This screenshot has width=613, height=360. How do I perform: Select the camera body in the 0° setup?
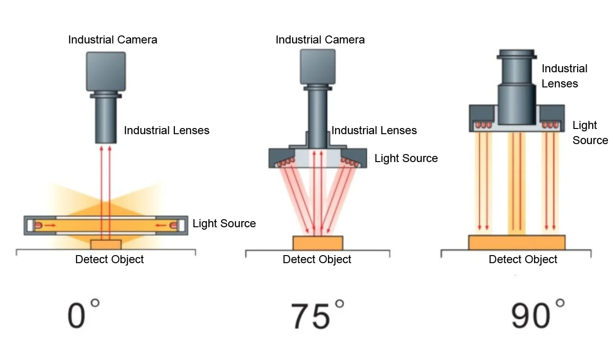pos(106,71)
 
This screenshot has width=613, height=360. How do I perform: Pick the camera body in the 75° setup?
pos(318,66)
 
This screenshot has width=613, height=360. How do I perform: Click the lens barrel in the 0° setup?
pos(106,120)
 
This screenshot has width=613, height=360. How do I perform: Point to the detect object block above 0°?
pos(106,244)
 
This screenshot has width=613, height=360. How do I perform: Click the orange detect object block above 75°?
pos(318,243)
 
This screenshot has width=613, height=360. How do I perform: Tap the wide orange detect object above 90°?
pos(517,242)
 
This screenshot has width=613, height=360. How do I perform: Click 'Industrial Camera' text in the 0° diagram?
pos(112,40)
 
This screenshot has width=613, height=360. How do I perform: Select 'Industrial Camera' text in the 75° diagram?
pos(320,40)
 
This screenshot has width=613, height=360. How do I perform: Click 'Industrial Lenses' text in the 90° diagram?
pos(564,76)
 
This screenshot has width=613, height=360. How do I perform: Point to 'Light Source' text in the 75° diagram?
pos(406,158)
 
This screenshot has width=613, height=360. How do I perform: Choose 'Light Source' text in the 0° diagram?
pos(224,223)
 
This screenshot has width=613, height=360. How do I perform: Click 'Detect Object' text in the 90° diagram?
pos(523,259)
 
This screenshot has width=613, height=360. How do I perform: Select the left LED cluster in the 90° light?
pos(483,125)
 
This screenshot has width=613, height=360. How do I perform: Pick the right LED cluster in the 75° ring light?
pos(350,162)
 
